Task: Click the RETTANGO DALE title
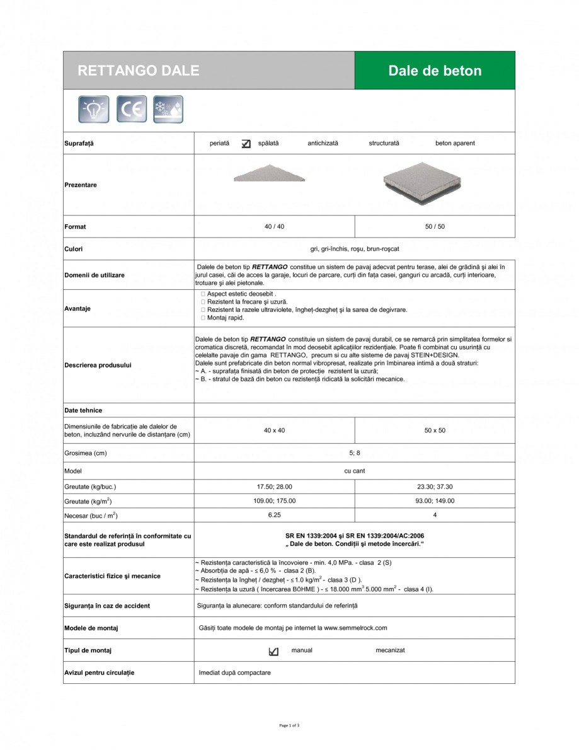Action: click(138, 71)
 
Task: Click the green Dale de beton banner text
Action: click(435, 71)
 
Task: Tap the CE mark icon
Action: click(132, 109)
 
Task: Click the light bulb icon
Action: click(94, 109)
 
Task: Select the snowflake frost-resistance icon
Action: click(168, 109)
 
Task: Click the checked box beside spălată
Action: click(246, 144)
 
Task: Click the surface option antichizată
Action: click(323, 143)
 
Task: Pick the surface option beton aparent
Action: click(455, 143)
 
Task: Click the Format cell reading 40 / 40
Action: click(275, 226)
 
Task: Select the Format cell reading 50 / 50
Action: click(435, 226)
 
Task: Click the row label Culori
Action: click(74, 249)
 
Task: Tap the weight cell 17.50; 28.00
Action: click(275, 487)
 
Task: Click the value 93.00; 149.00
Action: click(435, 500)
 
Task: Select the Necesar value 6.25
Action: click(275, 515)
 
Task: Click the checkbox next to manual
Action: click(273, 651)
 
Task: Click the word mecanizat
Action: click(390, 650)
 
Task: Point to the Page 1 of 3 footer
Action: click(289, 725)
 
